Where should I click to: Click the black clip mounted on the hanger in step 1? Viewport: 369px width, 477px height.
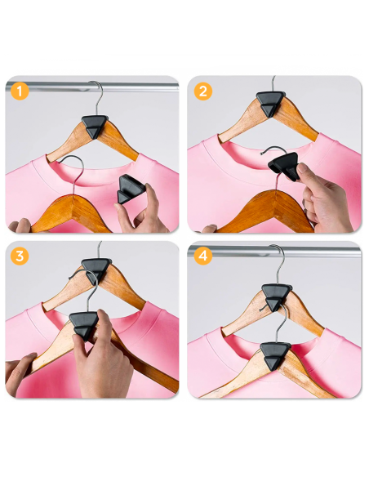point(95,127)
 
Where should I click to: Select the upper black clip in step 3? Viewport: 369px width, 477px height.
point(96,267)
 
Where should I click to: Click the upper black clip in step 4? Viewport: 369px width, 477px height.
point(275,296)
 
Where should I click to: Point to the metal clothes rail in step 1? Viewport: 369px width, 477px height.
point(49,86)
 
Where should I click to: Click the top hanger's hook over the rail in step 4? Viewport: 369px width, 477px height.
point(278,257)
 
